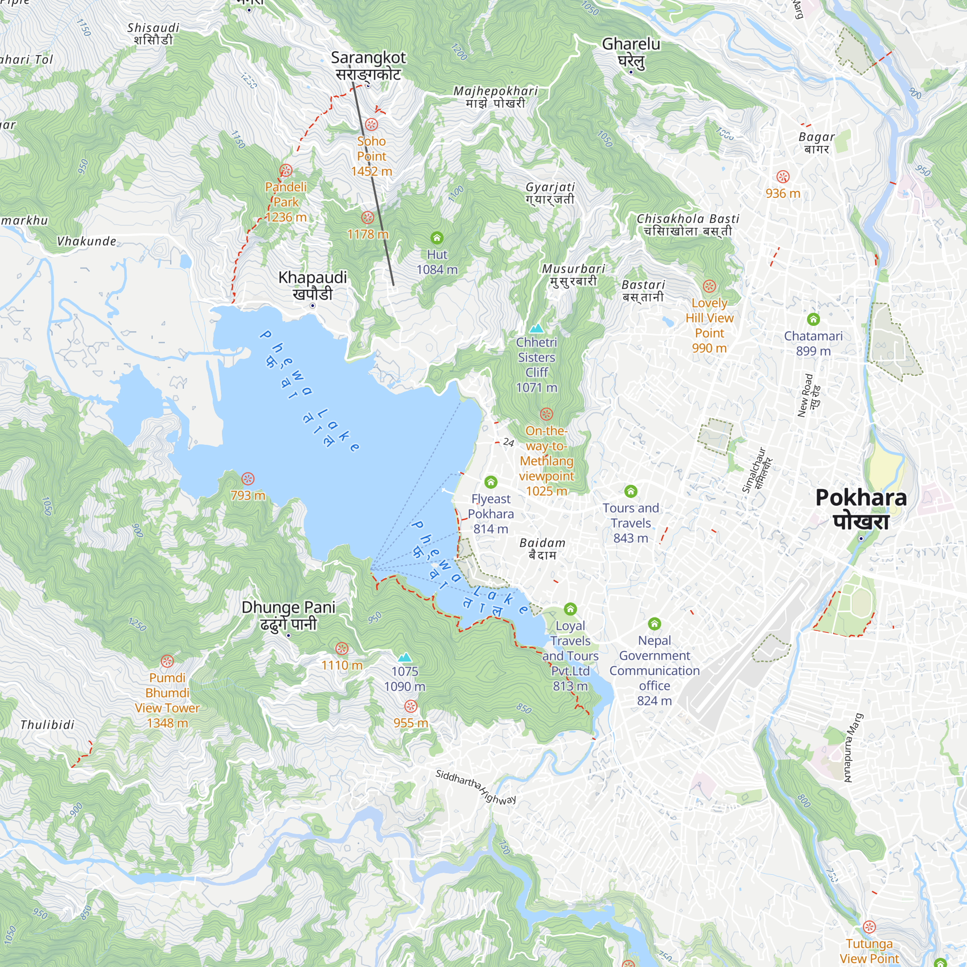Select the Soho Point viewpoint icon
371,124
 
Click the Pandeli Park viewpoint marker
285,171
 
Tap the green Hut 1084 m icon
437,237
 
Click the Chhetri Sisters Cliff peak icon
536,328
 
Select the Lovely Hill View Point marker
709,286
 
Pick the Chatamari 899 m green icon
813,319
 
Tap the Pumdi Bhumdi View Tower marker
167,661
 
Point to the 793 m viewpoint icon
248,479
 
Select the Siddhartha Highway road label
475,786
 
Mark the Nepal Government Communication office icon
654,624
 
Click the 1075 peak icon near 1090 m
404,658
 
